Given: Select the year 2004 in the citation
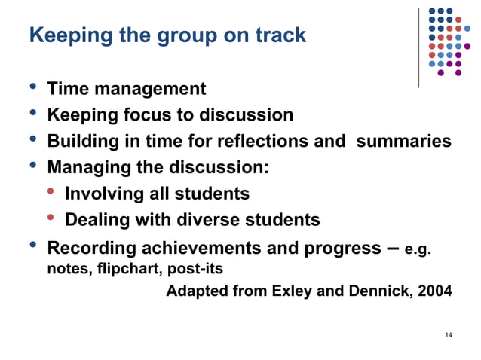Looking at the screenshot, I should tap(434, 291).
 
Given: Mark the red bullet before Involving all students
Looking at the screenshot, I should tap(51, 193).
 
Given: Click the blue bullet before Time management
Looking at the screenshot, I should tap(32, 87).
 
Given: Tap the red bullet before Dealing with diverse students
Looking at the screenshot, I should tap(51, 219).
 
